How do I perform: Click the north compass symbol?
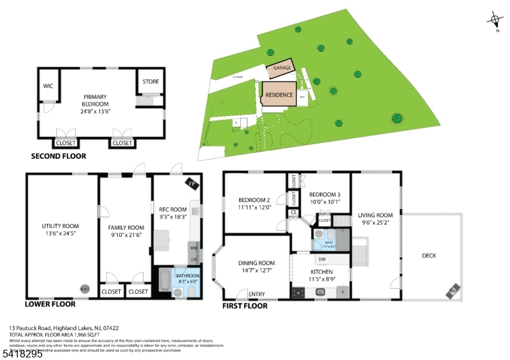pos(495,20)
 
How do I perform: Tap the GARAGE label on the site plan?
pos(282,68)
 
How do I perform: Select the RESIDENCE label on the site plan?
pos(279,95)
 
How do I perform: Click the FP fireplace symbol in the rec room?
pos(192,184)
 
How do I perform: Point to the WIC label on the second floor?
pos(48,85)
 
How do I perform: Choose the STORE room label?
pos(150,82)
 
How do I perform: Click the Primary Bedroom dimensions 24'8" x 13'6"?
pos(95,110)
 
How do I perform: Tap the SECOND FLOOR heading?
pos(58,156)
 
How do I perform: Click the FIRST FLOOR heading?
pos(245,306)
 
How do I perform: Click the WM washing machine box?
pos(194,247)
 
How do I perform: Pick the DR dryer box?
pos(194,259)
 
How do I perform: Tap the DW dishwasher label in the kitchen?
pos(321,259)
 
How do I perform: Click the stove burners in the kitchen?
pos(298,293)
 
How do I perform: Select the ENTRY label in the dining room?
pos(257,294)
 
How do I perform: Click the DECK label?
pos(430,256)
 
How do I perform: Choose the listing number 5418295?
pos(22,354)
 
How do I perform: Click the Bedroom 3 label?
pos(324,194)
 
